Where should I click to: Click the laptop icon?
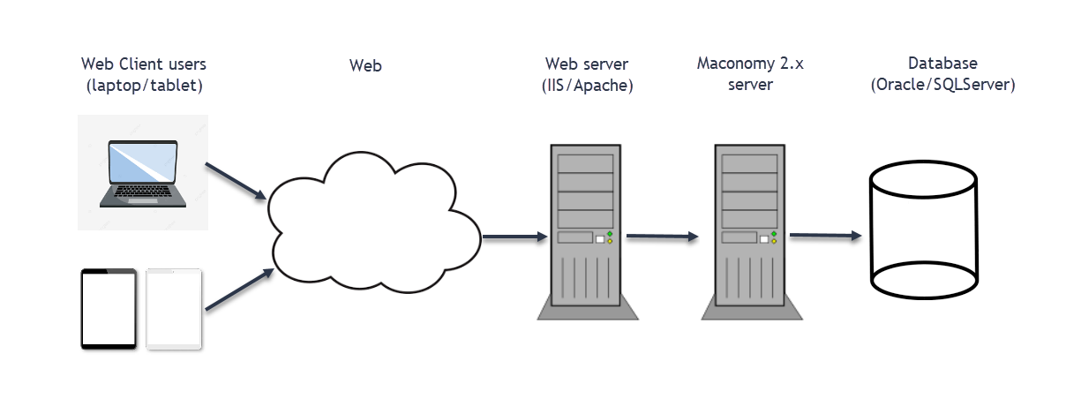click(x=142, y=173)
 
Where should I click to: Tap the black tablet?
click(x=109, y=309)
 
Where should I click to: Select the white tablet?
click(x=174, y=309)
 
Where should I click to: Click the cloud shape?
click(x=371, y=216)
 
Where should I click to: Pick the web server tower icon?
click(x=582, y=230)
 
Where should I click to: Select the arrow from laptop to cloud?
click(x=236, y=181)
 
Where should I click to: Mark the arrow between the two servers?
click(x=662, y=237)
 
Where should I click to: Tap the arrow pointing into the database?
click(x=825, y=236)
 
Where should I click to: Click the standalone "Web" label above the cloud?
click(x=366, y=64)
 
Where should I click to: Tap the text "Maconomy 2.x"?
click(x=750, y=64)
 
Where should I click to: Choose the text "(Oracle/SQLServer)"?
click(x=942, y=86)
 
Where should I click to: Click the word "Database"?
click(x=942, y=64)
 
